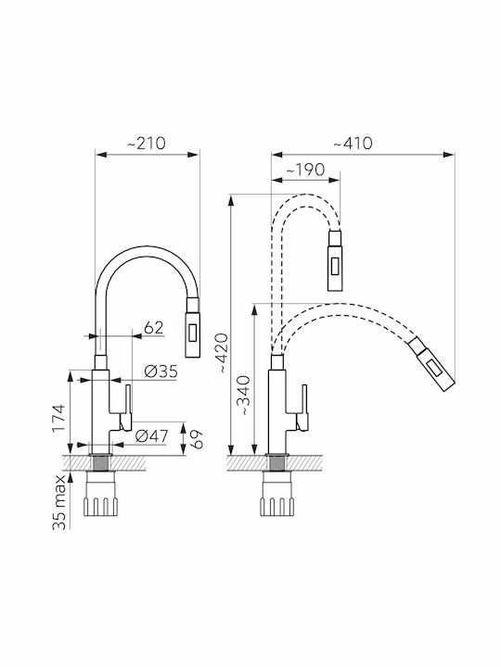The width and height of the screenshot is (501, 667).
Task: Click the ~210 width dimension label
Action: (147, 144)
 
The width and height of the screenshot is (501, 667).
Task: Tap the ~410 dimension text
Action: (353, 144)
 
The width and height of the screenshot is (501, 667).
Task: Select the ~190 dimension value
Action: (305, 170)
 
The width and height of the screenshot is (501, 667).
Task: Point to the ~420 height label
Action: (225, 354)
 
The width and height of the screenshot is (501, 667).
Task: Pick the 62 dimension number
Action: (153, 328)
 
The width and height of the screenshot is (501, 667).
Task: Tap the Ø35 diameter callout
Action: (161, 371)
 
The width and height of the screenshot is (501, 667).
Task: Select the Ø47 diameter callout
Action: (151, 436)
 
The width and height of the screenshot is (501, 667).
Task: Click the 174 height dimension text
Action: (58, 419)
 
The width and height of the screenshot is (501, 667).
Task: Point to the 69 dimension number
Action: (197, 439)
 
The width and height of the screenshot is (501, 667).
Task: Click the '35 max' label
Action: (59, 502)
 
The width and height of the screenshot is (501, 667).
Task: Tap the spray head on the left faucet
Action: (192, 327)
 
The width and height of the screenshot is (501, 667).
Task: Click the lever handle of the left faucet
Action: (125, 408)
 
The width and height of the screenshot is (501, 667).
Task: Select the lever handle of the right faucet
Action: (302, 408)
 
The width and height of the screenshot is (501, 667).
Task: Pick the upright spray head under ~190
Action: (335, 260)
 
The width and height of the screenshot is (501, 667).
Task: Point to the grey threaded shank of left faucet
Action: (101, 463)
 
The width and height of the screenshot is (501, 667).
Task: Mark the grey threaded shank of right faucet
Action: (277, 463)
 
